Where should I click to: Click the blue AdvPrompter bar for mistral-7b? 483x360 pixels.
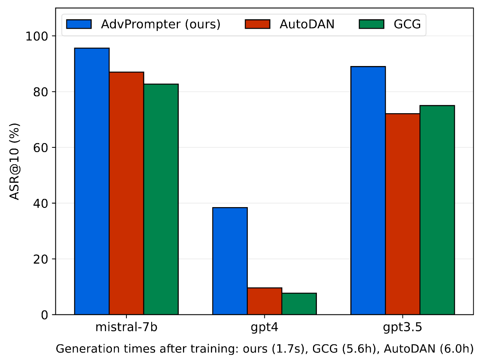pyautogui.click(x=92, y=181)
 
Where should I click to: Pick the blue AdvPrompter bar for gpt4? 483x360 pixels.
pyautogui.click(x=230, y=261)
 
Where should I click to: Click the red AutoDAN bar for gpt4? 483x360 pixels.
pyautogui.click(x=265, y=301)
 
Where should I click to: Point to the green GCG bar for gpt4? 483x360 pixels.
pyautogui.click(x=299, y=304)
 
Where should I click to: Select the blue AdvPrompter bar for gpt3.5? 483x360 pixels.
pyautogui.click(x=368, y=191)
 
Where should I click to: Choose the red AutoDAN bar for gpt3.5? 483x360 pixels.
pyautogui.click(x=403, y=214)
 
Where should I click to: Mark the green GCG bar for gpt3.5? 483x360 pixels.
pyautogui.click(x=437, y=210)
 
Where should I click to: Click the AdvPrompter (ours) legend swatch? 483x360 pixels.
pyautogui.click(x=79, y=24)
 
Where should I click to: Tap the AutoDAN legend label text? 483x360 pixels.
pyautogui.click(x=307, y=24)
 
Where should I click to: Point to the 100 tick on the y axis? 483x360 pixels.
pyautogui.click(x=36, y=36)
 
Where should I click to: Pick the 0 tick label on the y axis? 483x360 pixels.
pyautogui.click(x=45, y=315)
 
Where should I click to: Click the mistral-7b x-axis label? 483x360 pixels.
pyautogui.click(x=126, y=328)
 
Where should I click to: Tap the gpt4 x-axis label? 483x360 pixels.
pyautogui.click(x=265, y=328)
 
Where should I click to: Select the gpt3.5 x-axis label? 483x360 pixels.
pyautogui.click(x=403, y=328)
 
